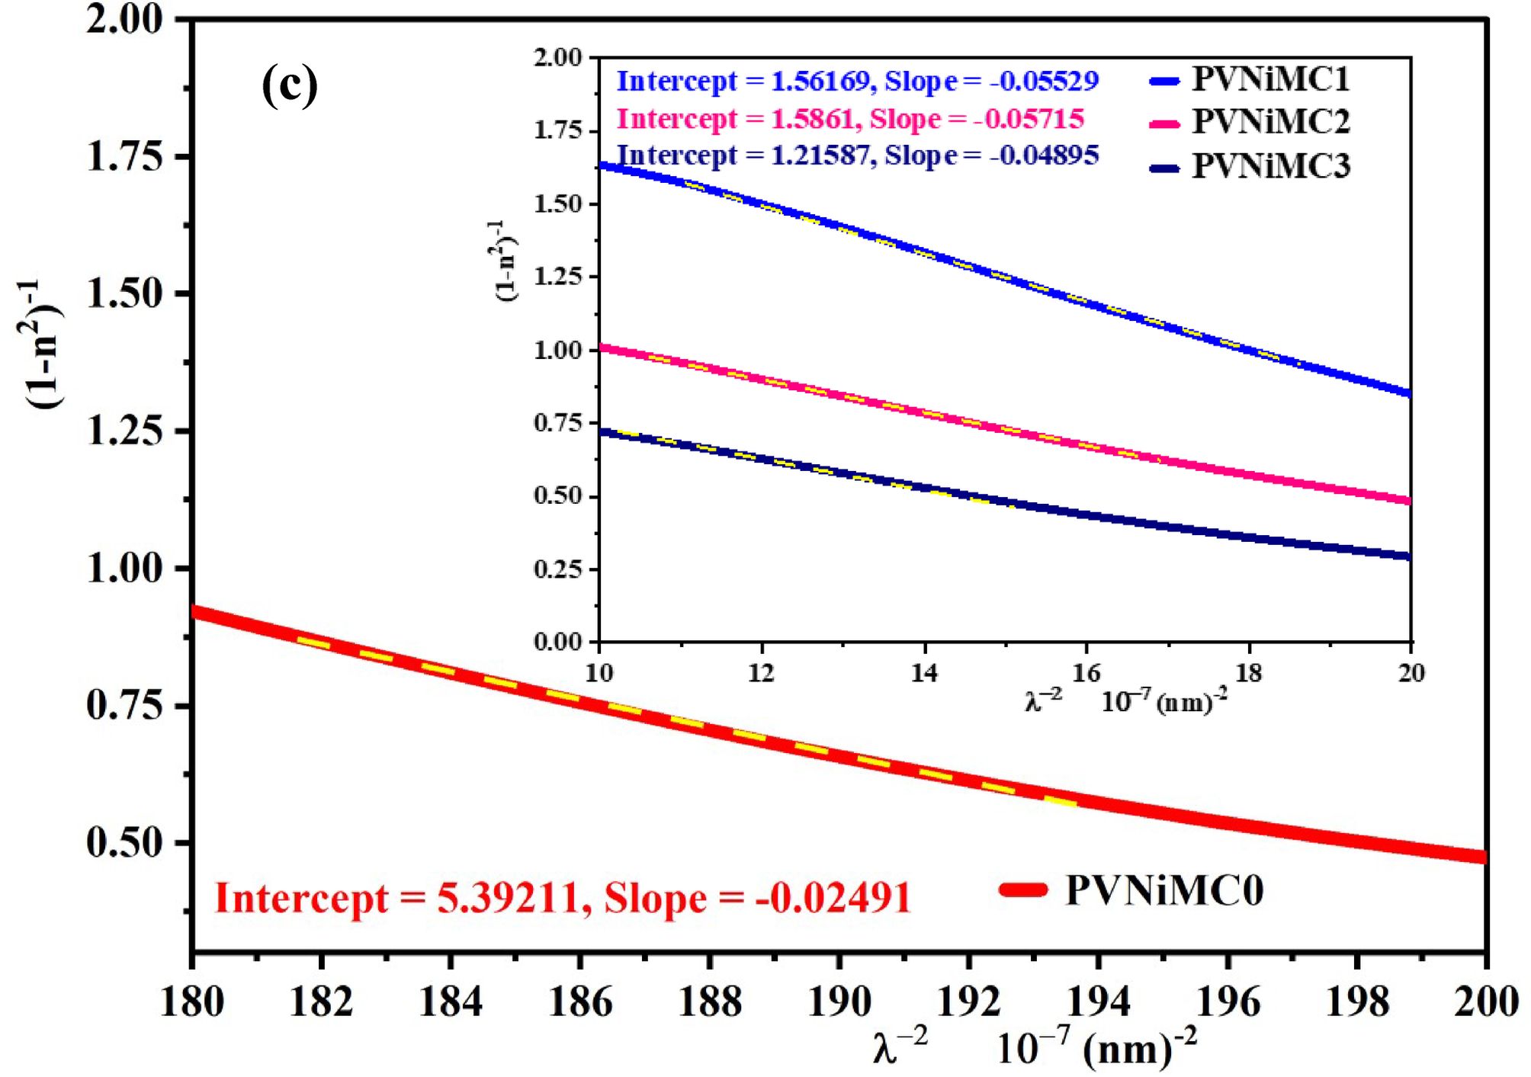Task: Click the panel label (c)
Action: pyautogui.click(x=290, y=85)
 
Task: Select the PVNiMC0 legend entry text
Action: pyautogui.click(x=1164, y=889)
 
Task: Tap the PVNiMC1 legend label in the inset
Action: pyautogui.click(x=1270, y=79)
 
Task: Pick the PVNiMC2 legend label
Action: pyautogui.click(x=1270, y=121)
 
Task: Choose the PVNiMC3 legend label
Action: pyautogui.click(x=1270, y=165)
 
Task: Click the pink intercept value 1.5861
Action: pyautogui.click(x=811, y=119)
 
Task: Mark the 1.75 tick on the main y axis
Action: pyautogui.click(x=125, y=157)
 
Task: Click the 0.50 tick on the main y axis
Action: pyautogui.click(x=125, y=843)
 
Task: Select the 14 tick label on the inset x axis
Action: pyautogui.click(x=924, y=673)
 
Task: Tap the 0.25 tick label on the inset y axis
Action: pyautogui.click(x=558, y=569)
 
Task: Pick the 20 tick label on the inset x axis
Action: pyautogui.click(x=1411, y=673)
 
